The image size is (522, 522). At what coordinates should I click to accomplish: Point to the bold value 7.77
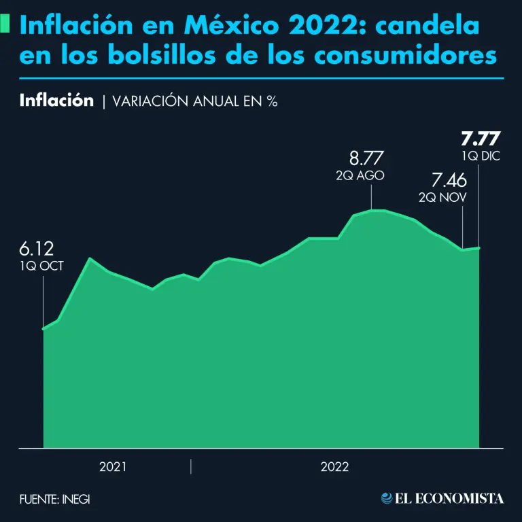click(480, 140)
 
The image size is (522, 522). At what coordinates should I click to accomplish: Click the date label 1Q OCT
click(42, 266)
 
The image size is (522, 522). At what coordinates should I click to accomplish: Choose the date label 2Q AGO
click(360, 175)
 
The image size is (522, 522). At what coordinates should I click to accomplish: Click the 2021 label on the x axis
click(113, 467)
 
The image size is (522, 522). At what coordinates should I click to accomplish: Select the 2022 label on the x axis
click(334, 467)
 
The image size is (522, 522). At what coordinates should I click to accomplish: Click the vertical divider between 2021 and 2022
click(191, 467)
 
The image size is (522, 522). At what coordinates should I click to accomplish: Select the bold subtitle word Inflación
click(56, 101)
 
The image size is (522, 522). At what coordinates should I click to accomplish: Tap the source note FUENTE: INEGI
click(54, 499)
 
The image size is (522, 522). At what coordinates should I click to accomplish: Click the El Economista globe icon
click(387, 498)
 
